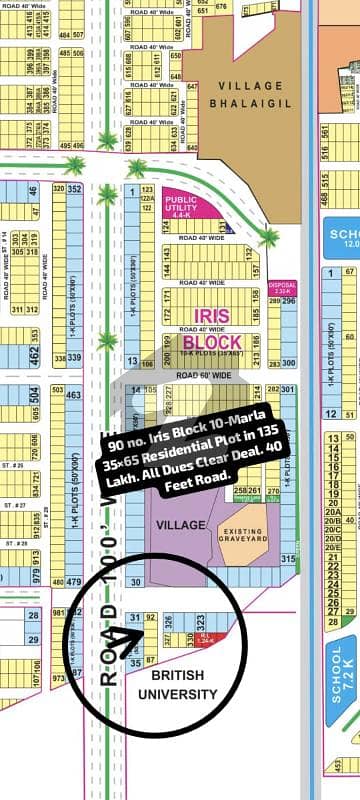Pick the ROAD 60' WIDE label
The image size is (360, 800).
(204, 374)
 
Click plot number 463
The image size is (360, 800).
(73, 396)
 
